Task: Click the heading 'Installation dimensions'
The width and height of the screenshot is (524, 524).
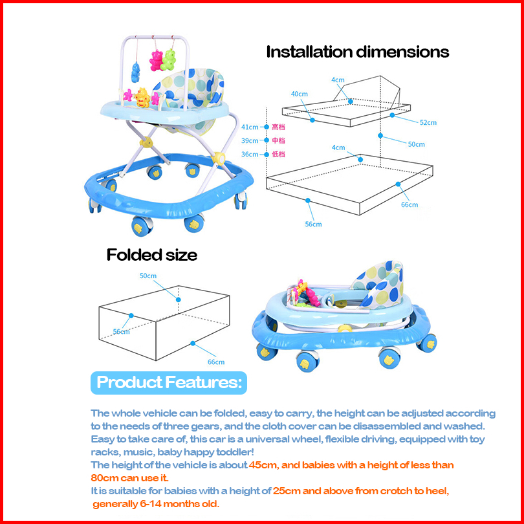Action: (358, 52)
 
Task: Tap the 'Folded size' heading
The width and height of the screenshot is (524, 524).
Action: (152, 255)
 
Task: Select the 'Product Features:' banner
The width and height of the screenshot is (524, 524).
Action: (169, 382)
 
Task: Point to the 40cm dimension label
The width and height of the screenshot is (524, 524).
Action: (299, 94)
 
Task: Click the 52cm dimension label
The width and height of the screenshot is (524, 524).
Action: (428, 122)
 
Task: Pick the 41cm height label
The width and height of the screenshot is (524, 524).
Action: (250, 127)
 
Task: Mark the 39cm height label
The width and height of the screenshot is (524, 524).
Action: (250, 140)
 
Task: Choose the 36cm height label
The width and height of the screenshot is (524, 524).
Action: (250, 154)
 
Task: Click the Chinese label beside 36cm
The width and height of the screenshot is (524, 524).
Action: (279, 154)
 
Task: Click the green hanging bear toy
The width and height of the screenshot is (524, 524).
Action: (170, 60)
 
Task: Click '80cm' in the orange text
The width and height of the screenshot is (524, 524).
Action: (105, 478)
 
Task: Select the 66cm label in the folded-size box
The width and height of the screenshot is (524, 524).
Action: (215, 362)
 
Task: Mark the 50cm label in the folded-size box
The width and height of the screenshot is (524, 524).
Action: (149, 276)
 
